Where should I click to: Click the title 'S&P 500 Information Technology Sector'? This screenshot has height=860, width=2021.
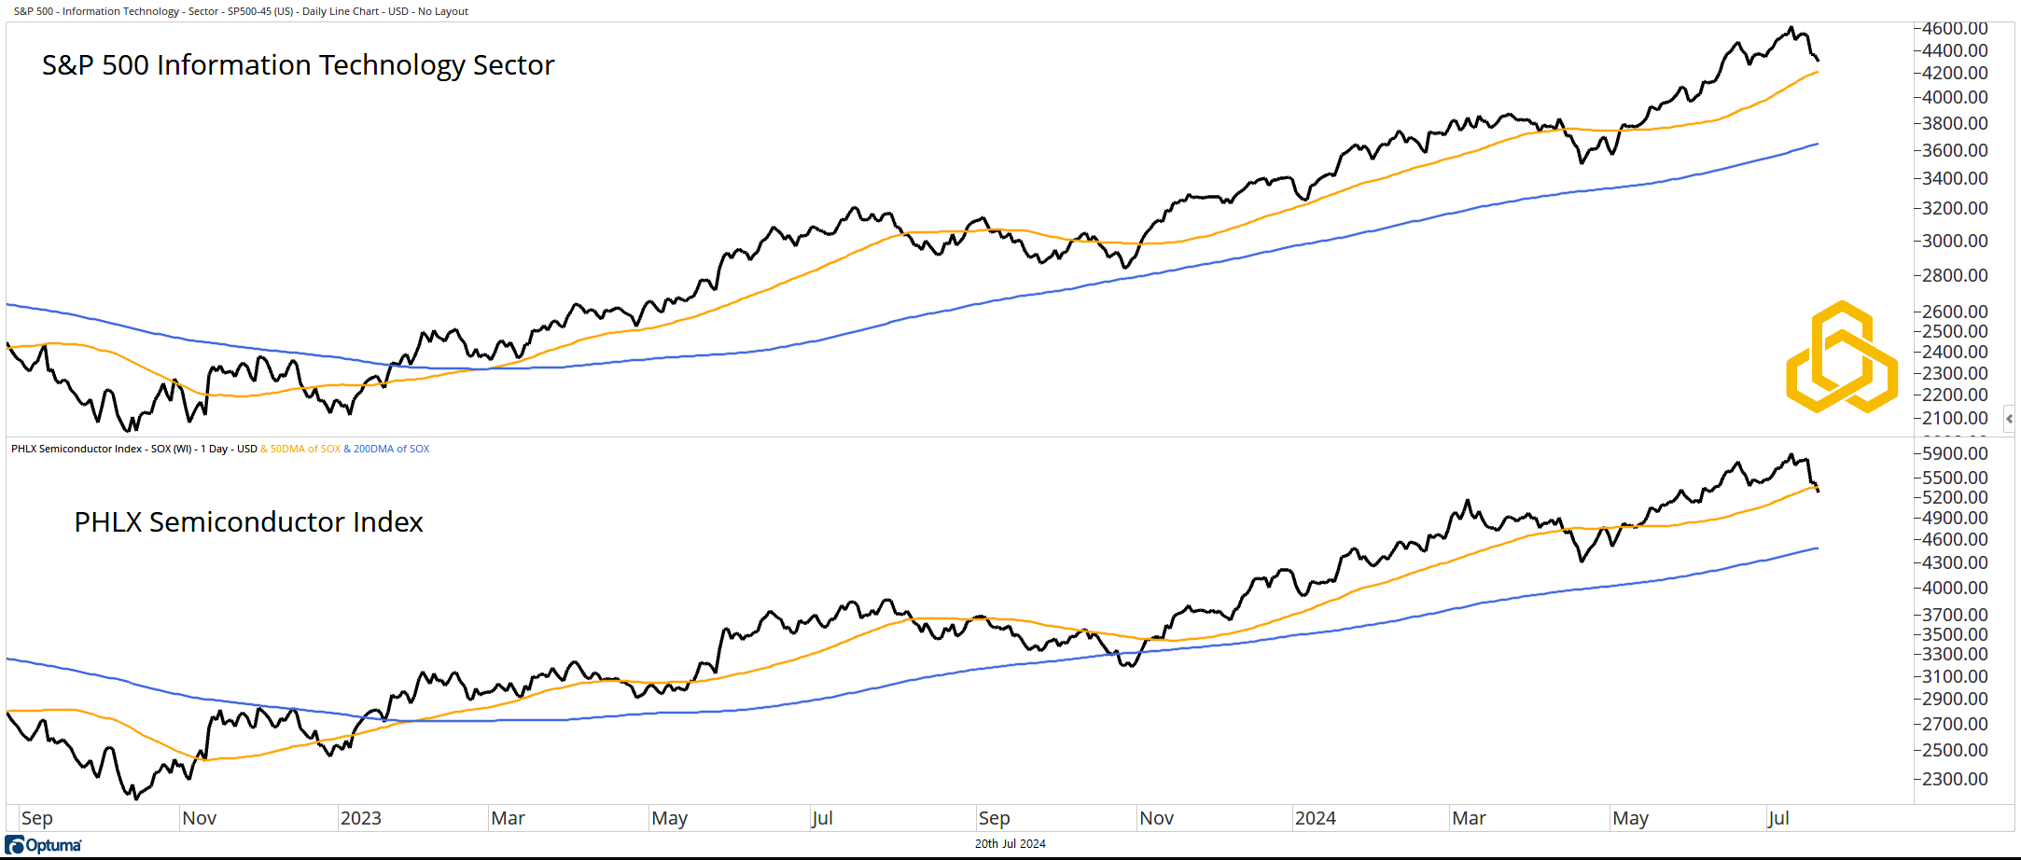pos(298,65)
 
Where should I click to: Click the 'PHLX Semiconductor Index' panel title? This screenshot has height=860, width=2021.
pos(248,522)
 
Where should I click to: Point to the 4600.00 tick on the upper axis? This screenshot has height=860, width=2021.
pos(1955,29)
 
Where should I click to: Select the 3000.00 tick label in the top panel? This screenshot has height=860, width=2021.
pos(1955,241)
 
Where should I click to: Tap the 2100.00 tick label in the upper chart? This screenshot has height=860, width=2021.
pos(1955,418)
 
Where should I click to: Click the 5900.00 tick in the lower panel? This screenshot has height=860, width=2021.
pos(1955,453)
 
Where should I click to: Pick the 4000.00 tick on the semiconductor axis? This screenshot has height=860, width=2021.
pos(1955,588)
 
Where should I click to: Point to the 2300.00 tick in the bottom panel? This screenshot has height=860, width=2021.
pos(1955,779)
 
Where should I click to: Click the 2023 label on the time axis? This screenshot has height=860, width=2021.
pos(360,818)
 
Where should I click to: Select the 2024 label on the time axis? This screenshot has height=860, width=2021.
pos(1315,818)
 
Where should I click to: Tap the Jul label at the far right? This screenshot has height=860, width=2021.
pos(1778,818)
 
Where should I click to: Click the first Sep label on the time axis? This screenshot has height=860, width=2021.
pos(37,818)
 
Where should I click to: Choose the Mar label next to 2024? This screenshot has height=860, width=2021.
pos(1469,818)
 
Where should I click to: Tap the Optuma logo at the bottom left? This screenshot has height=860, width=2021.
pos(44,845)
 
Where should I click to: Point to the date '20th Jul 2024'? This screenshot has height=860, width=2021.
pos(1010,844)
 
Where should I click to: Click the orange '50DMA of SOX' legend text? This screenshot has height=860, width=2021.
pos(305,449)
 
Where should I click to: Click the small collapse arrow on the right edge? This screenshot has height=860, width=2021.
pos(2009,419)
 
